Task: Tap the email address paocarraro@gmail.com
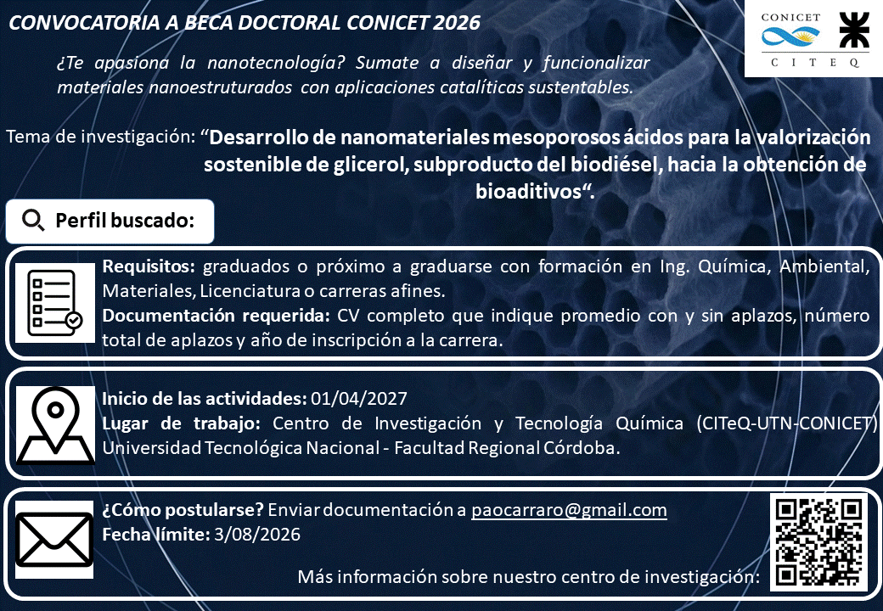point(569,510)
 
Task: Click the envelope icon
point(54,540)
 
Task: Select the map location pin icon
point(55,425)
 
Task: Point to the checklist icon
point(54,303)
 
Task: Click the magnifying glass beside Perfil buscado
point(33,221)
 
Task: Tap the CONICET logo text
point(790,18)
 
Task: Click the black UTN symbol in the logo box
point(854,31)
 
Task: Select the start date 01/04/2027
point(358,398)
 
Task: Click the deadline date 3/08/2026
point(257,534)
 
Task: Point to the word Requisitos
point(149,266)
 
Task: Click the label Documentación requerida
point(216,316)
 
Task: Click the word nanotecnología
point(276,63)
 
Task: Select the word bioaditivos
point(528,191)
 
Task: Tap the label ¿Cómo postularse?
point(183,510)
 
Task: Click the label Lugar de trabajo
point(182,423)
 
